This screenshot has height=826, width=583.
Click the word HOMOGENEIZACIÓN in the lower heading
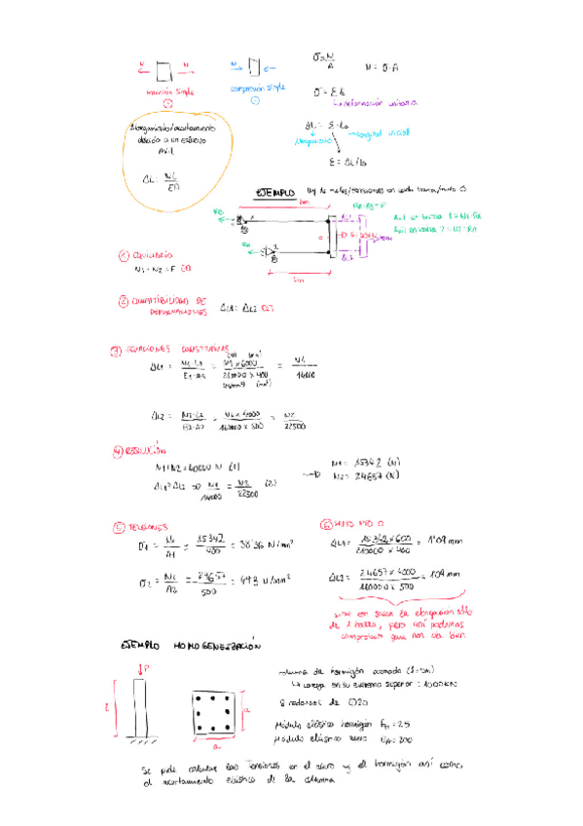coord(219,645)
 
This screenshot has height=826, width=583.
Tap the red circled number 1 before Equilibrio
coord(123,257)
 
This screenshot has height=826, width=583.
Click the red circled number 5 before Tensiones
coord(119,526)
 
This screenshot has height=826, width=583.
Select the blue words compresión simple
coord(256,89)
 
